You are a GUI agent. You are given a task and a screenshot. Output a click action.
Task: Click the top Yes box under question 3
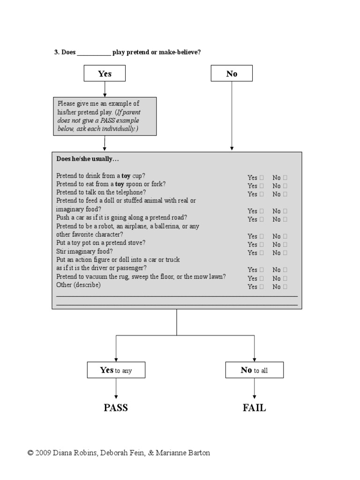[105, 74]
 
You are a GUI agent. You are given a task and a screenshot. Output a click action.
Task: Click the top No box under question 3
[232, 74]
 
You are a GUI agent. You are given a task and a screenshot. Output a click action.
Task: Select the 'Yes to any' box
[116, 370]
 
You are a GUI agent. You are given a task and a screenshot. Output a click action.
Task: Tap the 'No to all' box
[254, 370]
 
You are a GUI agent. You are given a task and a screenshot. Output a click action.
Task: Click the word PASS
[116, 408]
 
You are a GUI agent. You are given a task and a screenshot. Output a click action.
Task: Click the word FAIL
[254, 408]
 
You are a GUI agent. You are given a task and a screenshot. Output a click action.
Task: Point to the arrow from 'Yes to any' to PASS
[116, 388]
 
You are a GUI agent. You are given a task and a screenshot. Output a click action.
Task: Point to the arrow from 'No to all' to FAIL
[255, 388]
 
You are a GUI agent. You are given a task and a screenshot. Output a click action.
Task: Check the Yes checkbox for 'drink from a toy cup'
[262, 178]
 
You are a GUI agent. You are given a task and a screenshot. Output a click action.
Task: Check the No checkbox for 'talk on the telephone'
[285, 194]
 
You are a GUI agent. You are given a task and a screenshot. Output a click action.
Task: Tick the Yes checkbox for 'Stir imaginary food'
[262, 253]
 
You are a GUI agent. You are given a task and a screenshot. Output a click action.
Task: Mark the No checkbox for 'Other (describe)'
[285, 286]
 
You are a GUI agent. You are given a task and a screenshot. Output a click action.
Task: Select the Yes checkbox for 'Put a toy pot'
[262, 245]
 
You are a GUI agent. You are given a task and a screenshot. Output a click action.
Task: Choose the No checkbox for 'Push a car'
[285, 219]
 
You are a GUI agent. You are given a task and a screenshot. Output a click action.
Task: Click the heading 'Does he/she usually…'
[85, 159]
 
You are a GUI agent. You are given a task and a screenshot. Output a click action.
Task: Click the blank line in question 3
[94, 53]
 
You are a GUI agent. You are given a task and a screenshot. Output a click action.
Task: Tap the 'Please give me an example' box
[105, 116]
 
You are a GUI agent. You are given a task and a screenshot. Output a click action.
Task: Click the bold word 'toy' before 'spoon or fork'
[119, 184]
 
